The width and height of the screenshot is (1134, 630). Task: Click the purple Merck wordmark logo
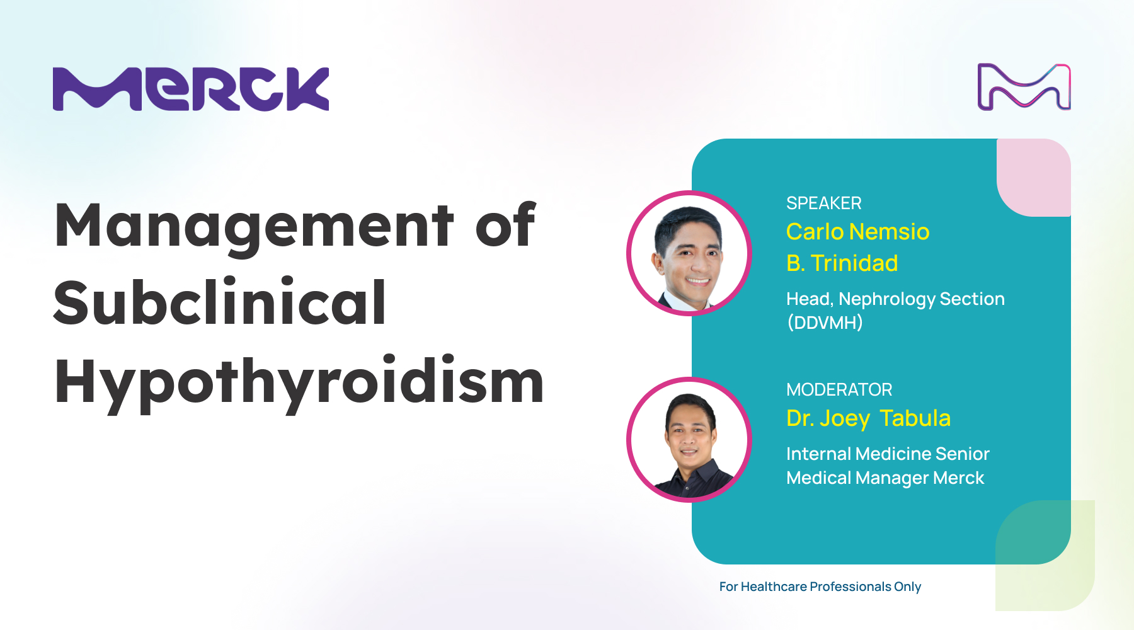(191, 89)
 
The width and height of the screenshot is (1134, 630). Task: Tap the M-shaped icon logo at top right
(1024, 87)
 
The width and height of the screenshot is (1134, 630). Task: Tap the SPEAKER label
(823, 203)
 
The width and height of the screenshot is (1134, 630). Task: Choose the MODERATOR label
(839, 389)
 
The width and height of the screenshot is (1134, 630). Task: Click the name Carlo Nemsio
(857, 232)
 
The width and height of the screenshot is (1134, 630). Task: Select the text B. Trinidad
(842, 263)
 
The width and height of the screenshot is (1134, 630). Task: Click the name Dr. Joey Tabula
(868, 418)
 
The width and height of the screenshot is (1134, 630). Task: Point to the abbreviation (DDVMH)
(825, 323)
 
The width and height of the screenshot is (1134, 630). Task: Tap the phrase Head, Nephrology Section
(895, 299)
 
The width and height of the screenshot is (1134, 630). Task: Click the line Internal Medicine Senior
(888, 454)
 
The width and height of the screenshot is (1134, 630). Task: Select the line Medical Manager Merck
(885, 478)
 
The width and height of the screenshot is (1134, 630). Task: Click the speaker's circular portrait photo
(689, 253)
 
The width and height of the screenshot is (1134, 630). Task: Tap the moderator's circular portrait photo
(689, 440)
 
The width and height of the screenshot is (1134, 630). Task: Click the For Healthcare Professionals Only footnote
(820, 587)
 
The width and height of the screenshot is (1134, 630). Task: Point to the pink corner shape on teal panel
(1034, 177)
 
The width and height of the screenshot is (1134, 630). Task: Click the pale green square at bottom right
(1045, 556)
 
